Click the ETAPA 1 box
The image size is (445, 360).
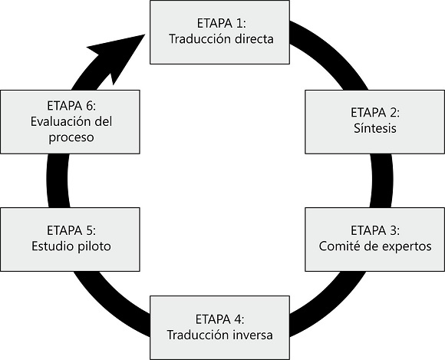221,31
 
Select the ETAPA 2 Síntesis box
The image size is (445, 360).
374,121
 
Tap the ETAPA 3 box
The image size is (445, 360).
374,239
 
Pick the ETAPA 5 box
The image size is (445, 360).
71,239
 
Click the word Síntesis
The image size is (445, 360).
374,129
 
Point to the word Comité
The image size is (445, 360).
340,246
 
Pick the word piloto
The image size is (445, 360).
95,246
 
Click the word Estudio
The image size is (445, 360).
54,246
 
